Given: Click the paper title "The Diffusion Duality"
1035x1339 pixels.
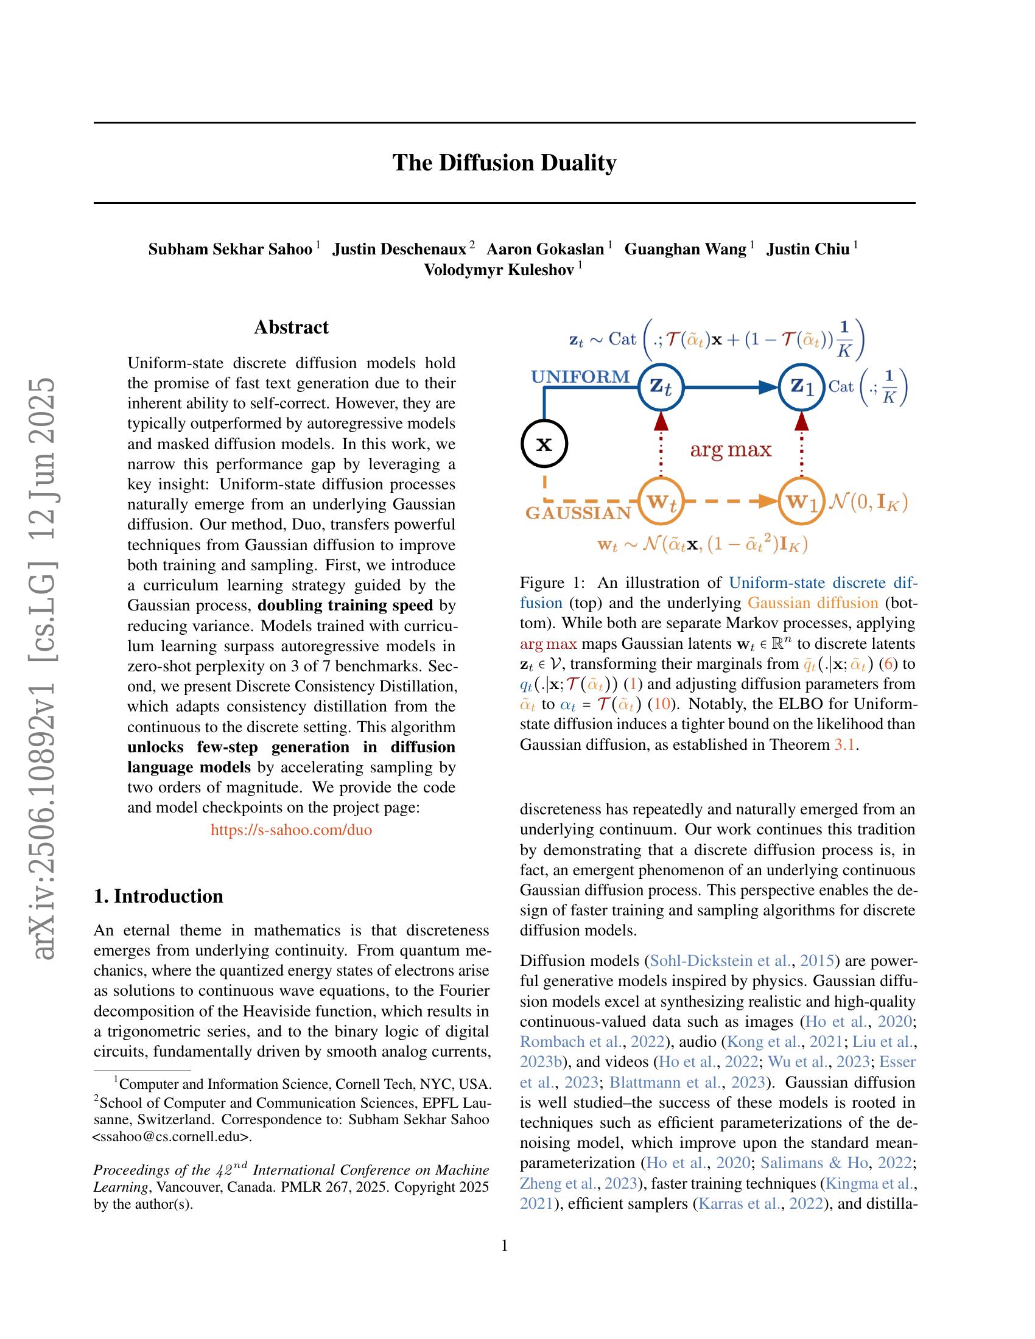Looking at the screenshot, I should pyautogui.click(x=504, y=163).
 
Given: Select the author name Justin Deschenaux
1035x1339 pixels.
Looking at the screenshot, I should pyautogui.click(x=399, y=250).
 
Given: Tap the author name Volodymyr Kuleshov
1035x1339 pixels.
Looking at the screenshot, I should pyautogui.click(x=499, y=270).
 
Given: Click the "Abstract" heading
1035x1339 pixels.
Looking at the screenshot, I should pyautogui.click(x=291, y=327).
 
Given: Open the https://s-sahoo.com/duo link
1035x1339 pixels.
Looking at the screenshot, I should pyautogui.click(x=291, y=830).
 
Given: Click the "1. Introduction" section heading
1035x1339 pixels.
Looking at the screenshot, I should pyautogui.click(x=158, y=897).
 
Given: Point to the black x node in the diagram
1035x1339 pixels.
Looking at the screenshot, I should pyautogui.click(x=544, y=444).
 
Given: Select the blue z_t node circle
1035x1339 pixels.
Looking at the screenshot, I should pyautogui.click(x=661, y=387).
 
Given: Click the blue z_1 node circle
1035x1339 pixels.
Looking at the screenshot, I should pyautogui.click(x=801, y=387).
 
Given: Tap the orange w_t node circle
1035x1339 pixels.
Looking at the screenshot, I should pyautogui.click(x=661, y=502).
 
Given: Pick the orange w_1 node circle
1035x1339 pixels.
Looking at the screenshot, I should pyautogui.click(x=801, y=502).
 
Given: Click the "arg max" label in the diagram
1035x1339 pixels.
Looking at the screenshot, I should pyautogui.click(x=730, y=450).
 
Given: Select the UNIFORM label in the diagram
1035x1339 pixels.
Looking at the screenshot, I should pyautogui.click(x=580, y=376).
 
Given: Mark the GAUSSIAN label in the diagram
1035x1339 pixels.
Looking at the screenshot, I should pyautogui.click(x=578, y=514).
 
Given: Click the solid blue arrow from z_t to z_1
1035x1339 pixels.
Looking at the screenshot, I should pyautogui.click(x=729, y=387).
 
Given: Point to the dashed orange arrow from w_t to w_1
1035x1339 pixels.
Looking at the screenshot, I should pyautogui.click(x=729, y=502).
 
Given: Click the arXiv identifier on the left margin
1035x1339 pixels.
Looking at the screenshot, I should pyautogui.click(x=46, y=668).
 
